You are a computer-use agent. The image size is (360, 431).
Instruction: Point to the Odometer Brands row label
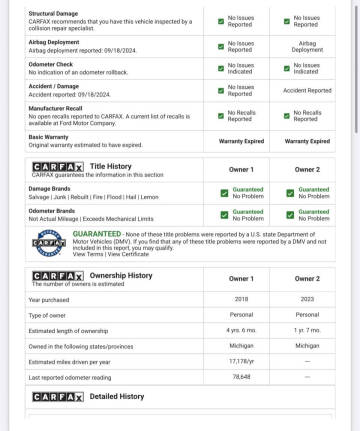pyautogui.click(x=52, y=210)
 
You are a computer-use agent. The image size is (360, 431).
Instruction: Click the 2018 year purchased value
pyautogui.click(x=241, y=299)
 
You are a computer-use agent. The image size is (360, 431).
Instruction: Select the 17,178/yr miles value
pyautogui.click(x=241, y=360)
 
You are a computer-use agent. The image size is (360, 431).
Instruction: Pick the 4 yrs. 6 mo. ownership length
pyautogui.click(x=241, y=330)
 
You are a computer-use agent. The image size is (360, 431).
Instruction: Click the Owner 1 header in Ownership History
pyautogui.click(x=241, y=278)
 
